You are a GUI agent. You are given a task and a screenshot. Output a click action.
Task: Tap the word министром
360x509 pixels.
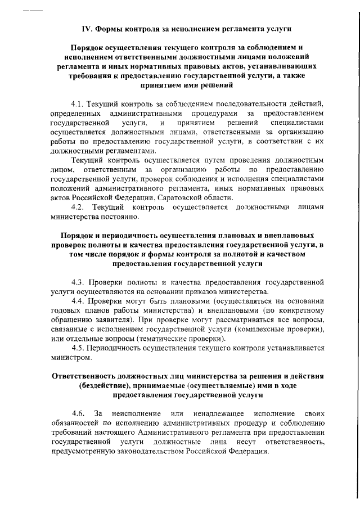pyautogui.click(x=69, y=357)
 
